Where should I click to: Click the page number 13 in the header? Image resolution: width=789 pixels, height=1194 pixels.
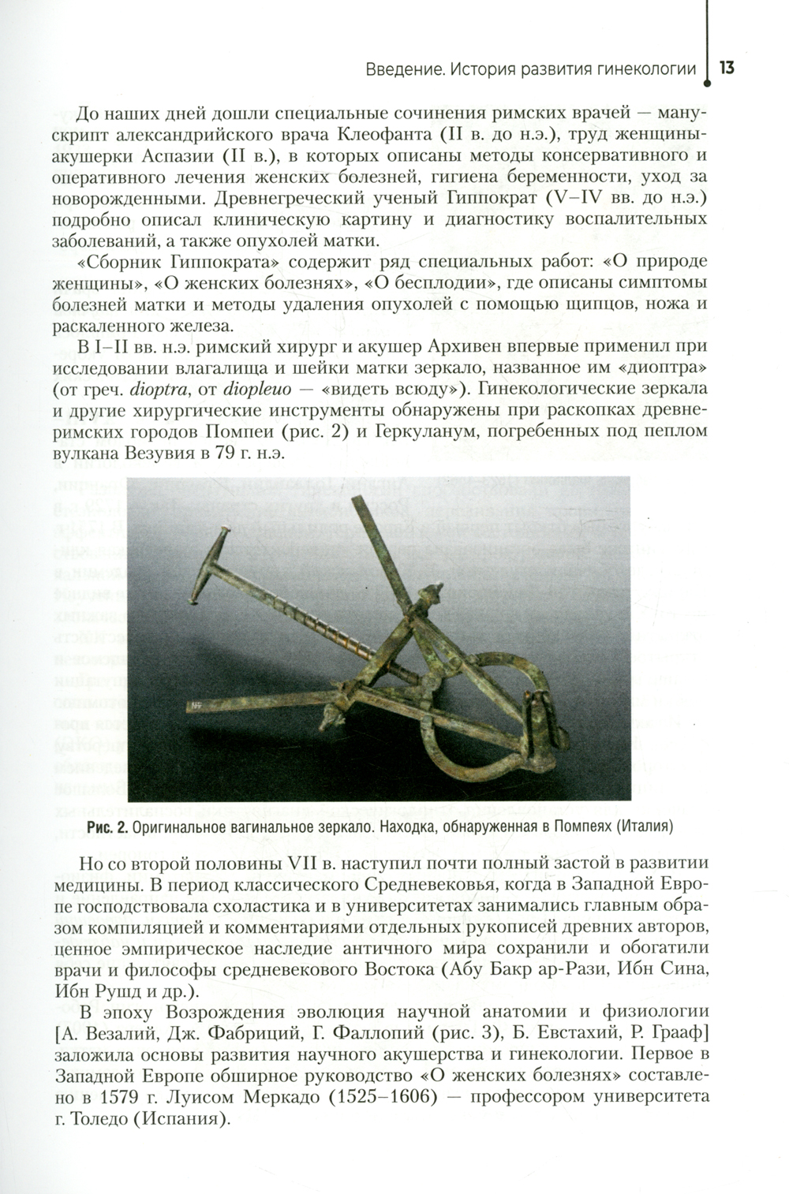pyautogui.click(x=727, y=68)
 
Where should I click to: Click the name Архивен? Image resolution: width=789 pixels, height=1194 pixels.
pyautogui.click(x=466, y=347)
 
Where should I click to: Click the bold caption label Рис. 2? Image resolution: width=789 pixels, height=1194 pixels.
pyautogui.click(x=108, y=827)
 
